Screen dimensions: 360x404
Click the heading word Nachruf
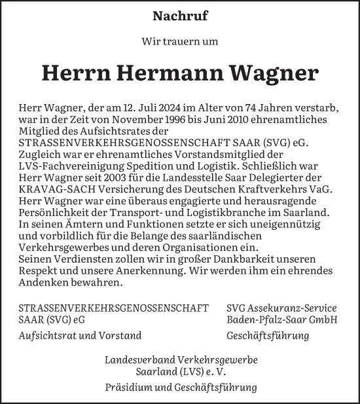pos(180,15)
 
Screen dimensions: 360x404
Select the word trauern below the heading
pos(179,41)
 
